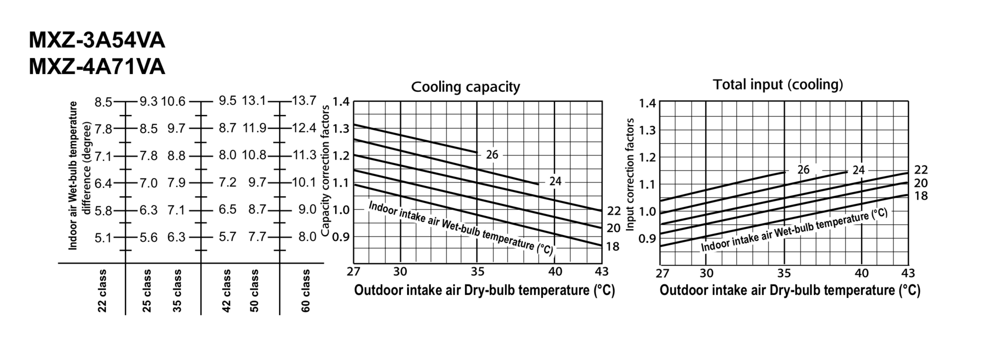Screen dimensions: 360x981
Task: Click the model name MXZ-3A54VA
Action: click(97, 41)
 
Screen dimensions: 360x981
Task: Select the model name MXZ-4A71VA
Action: click(97, 67)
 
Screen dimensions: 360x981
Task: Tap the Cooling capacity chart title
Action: click(465, 87)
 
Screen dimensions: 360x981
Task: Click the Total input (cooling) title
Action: click(777, 85)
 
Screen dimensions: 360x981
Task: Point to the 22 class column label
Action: click(102, 291)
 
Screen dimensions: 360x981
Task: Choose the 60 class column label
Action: click(306, 291)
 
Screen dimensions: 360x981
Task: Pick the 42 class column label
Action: click(226, 291)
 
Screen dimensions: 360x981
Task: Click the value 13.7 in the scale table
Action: click(304, 101)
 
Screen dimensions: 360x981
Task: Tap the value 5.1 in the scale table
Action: click(103, 238)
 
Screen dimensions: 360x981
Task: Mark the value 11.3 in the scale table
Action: click(304, 155)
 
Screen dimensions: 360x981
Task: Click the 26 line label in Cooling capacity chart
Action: click(492, 155)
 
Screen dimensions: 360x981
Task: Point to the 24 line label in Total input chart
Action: click(858, 170)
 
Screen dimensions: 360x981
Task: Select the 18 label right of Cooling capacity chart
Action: click(613, 247)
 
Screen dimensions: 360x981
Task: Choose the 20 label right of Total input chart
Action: click(921, 183)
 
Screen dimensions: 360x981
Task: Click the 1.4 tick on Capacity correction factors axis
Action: click(341, 102)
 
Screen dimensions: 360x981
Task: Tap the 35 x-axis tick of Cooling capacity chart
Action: click(477, 272)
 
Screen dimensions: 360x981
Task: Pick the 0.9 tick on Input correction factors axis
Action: click(647, 239)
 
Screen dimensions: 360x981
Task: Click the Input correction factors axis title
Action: click(630, 175)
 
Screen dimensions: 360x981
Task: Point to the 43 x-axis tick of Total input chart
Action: click(908, 274)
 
